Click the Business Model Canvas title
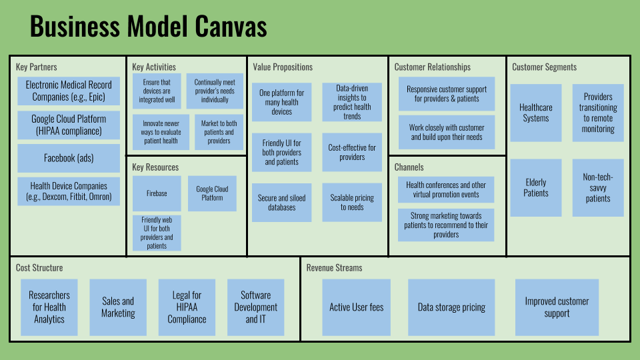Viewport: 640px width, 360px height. [x=148, y=27]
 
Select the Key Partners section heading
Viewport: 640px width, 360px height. [x=37, y=67]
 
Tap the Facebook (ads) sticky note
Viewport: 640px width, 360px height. [x=69, y=159]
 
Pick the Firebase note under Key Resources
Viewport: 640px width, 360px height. [x=157, y=193]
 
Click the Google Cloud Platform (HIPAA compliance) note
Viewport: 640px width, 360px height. [x=69, y=125]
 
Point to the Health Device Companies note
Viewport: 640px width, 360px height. [x=69, y=192]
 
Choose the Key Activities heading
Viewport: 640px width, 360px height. [x=154, y=67]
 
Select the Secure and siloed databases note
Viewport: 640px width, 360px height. [x=281, y=203]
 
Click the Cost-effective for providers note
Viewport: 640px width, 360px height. [x=352, y=153]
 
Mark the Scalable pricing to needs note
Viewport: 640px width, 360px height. [x=352, y=203]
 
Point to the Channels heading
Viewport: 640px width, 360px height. [x=409, y=167]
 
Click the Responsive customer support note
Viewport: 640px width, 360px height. [x=447, y=94]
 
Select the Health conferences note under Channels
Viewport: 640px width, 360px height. [x=447, y=190]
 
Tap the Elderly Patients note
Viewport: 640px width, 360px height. [x=536, y=188]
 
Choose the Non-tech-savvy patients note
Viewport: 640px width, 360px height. [x=598, y=188]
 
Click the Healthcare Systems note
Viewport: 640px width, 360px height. [x=536, y=113]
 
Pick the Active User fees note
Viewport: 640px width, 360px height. [x=357, y=307]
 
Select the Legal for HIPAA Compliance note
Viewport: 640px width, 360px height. [x=187, y=307]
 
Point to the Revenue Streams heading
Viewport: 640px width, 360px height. [x=335, y=268]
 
